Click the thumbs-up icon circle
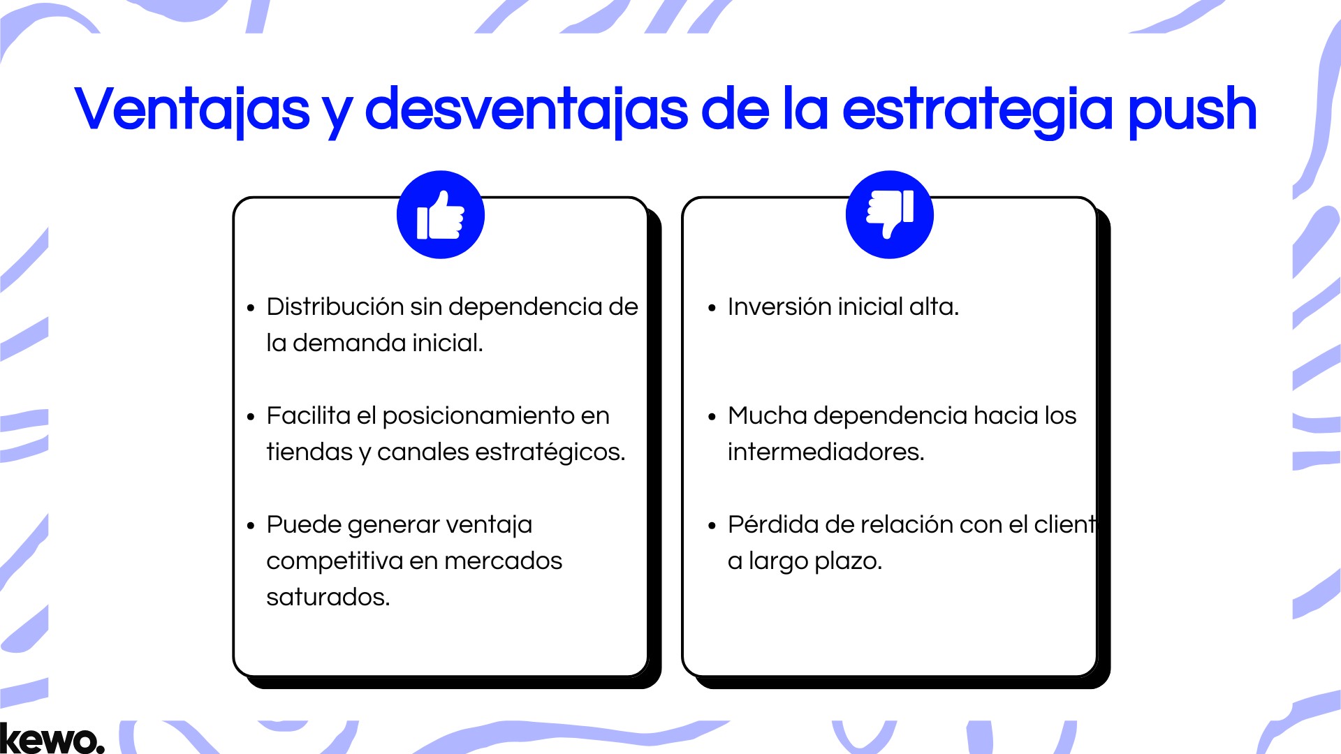click(x=440, y=214)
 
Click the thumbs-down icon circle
click(x=889, y=214)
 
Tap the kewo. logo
click(x=52, y=739)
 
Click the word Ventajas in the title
click(x=192, y=110)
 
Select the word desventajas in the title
click(x=527, y=110)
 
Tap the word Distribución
click(x=335, y=307)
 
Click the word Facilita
click(x=308, y=415)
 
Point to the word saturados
click(x=328, y=598)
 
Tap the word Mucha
click(x=768, y=415)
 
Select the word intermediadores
click(x=826, y=452)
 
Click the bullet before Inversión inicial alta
click(x=712, y=308)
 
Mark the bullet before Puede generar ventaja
click(x=251, y=526)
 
